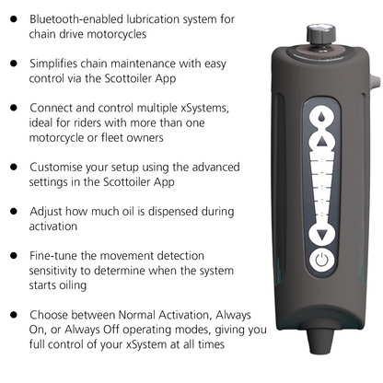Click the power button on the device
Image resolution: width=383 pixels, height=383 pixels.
[321, 261]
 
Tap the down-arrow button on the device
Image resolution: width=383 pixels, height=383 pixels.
[321, 236]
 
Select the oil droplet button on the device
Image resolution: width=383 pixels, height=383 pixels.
[321, 117]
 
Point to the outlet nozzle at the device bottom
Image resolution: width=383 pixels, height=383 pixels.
[320, 342]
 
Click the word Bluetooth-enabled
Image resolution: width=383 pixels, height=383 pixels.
[76, 19]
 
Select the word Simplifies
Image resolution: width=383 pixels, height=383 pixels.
[53, 64]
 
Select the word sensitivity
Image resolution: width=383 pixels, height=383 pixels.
[52, 271]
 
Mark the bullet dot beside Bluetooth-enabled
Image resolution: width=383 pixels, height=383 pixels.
[14, 19]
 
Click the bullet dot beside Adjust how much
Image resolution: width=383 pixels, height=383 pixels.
[14, 212]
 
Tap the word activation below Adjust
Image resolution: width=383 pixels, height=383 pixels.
[53, 226]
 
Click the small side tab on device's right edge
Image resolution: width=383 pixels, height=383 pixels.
[377, 82]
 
